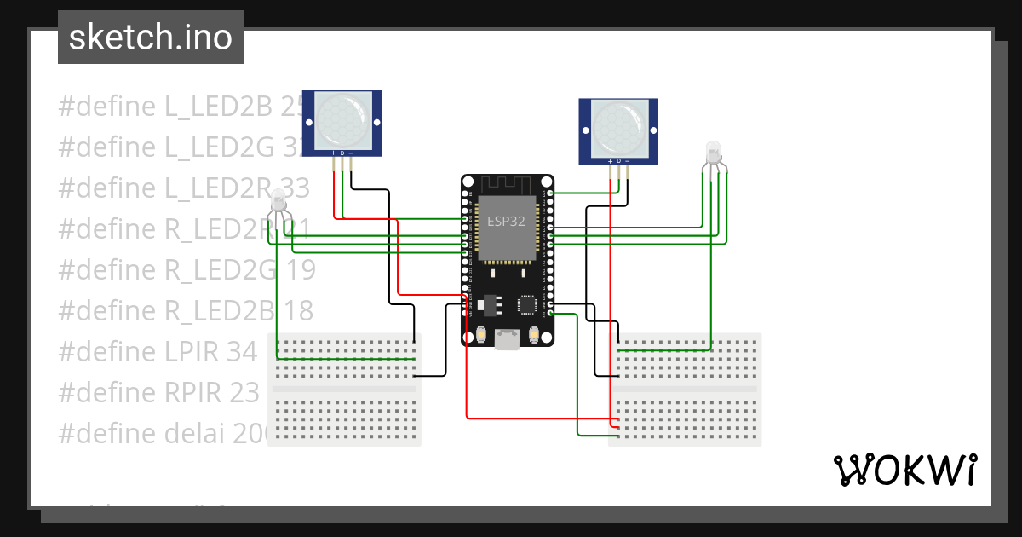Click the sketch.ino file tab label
(x=151, y=38)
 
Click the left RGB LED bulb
(x=278, y=203)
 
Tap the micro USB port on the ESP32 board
(x=508, y=340)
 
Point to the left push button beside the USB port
(x=482, y=334)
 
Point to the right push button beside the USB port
(x=534, y=334)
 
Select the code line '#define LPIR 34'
(x=158, y=351)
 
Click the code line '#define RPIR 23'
(x=158, y=392)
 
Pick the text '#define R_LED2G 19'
(x=187, y=269)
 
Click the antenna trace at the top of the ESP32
(x=508, y=184)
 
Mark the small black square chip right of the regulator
(x=528, y=303)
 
